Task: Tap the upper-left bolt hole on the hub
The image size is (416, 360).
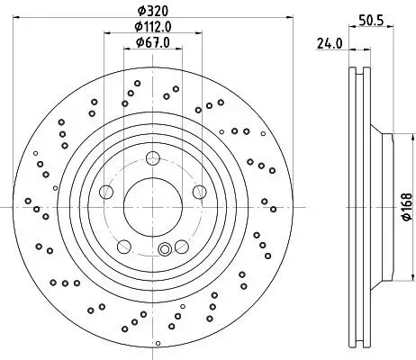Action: pos(106,192)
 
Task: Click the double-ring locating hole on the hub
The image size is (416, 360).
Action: pos(164,250)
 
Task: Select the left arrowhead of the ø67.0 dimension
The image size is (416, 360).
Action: pos(122,49)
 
